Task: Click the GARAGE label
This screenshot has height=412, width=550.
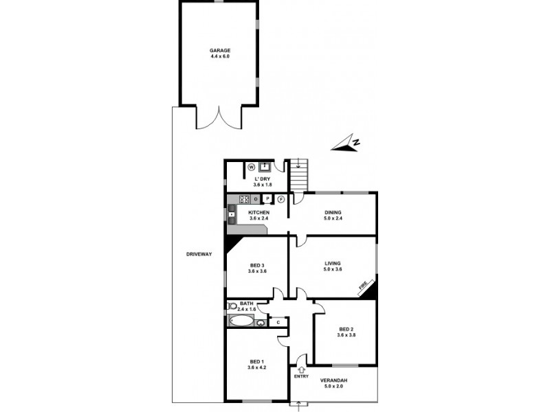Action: coord(220,51)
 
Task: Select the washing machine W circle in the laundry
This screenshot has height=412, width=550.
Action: coord(251,166)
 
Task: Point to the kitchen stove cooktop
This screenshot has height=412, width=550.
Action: coord(243,200)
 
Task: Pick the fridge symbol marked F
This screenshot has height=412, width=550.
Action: coord(281,200)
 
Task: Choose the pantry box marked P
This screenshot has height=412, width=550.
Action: coord(267,200)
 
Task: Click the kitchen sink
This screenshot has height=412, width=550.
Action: coord(232,214)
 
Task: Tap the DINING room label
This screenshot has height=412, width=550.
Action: coord(333,213)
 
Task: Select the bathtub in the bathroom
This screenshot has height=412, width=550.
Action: coord(241,321)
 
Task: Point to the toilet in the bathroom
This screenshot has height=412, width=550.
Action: coord(232,306)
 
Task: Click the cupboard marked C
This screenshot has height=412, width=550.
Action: coord(278,321)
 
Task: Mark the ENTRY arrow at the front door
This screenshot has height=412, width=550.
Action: coord(301,370)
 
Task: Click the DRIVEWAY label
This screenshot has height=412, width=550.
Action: coord(199,255)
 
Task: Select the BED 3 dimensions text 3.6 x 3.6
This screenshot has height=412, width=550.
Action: coord(257,271)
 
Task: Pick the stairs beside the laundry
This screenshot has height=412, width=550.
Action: coord(298,178)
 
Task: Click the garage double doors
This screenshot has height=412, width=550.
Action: coord(219,118)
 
